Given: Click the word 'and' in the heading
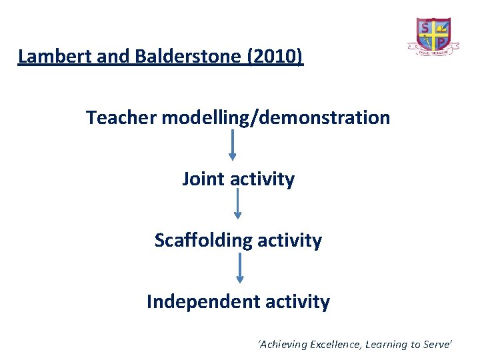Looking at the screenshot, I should [x=99, y=57].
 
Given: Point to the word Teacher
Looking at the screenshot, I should [x=122, y=118].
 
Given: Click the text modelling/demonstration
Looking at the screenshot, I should [x=276, y=118].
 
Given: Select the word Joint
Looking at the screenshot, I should [x=203, y=179].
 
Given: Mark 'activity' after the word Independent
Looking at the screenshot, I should [x=297, y=302].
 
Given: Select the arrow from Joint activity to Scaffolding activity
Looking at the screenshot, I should [x=237, y=204].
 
